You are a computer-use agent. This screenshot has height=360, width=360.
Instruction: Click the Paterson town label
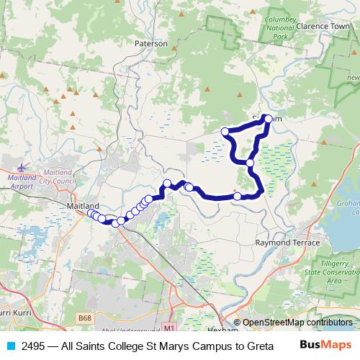tap(151, 43)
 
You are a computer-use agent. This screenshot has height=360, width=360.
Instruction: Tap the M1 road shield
tap(168, 328)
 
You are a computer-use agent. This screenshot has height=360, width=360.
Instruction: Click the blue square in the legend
tap(11, 346)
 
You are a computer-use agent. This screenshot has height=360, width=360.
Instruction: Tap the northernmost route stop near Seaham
tap(268, 119)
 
